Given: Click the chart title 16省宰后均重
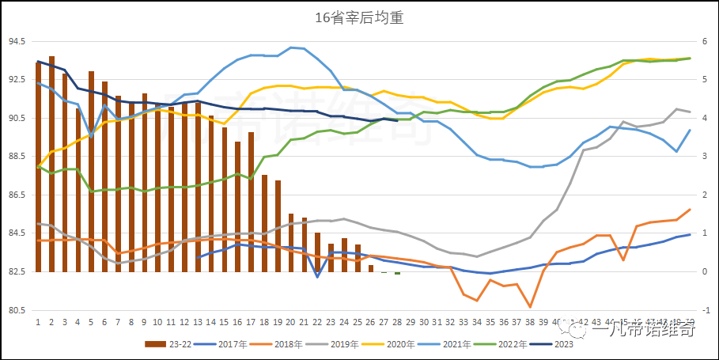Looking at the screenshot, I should coord(359,17).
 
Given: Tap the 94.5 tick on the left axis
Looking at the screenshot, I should coord(17,41).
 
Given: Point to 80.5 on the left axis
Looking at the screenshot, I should coord(17,310).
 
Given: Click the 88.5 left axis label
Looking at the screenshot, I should coord(17,157).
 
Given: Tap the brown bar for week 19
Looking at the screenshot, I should coord(278,226).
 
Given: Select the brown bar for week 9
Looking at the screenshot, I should coord(145,183).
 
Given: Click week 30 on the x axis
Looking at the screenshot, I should coord(424,324).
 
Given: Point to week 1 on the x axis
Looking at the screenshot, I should coord(38,324).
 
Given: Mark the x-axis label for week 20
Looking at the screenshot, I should coord(291,324).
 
